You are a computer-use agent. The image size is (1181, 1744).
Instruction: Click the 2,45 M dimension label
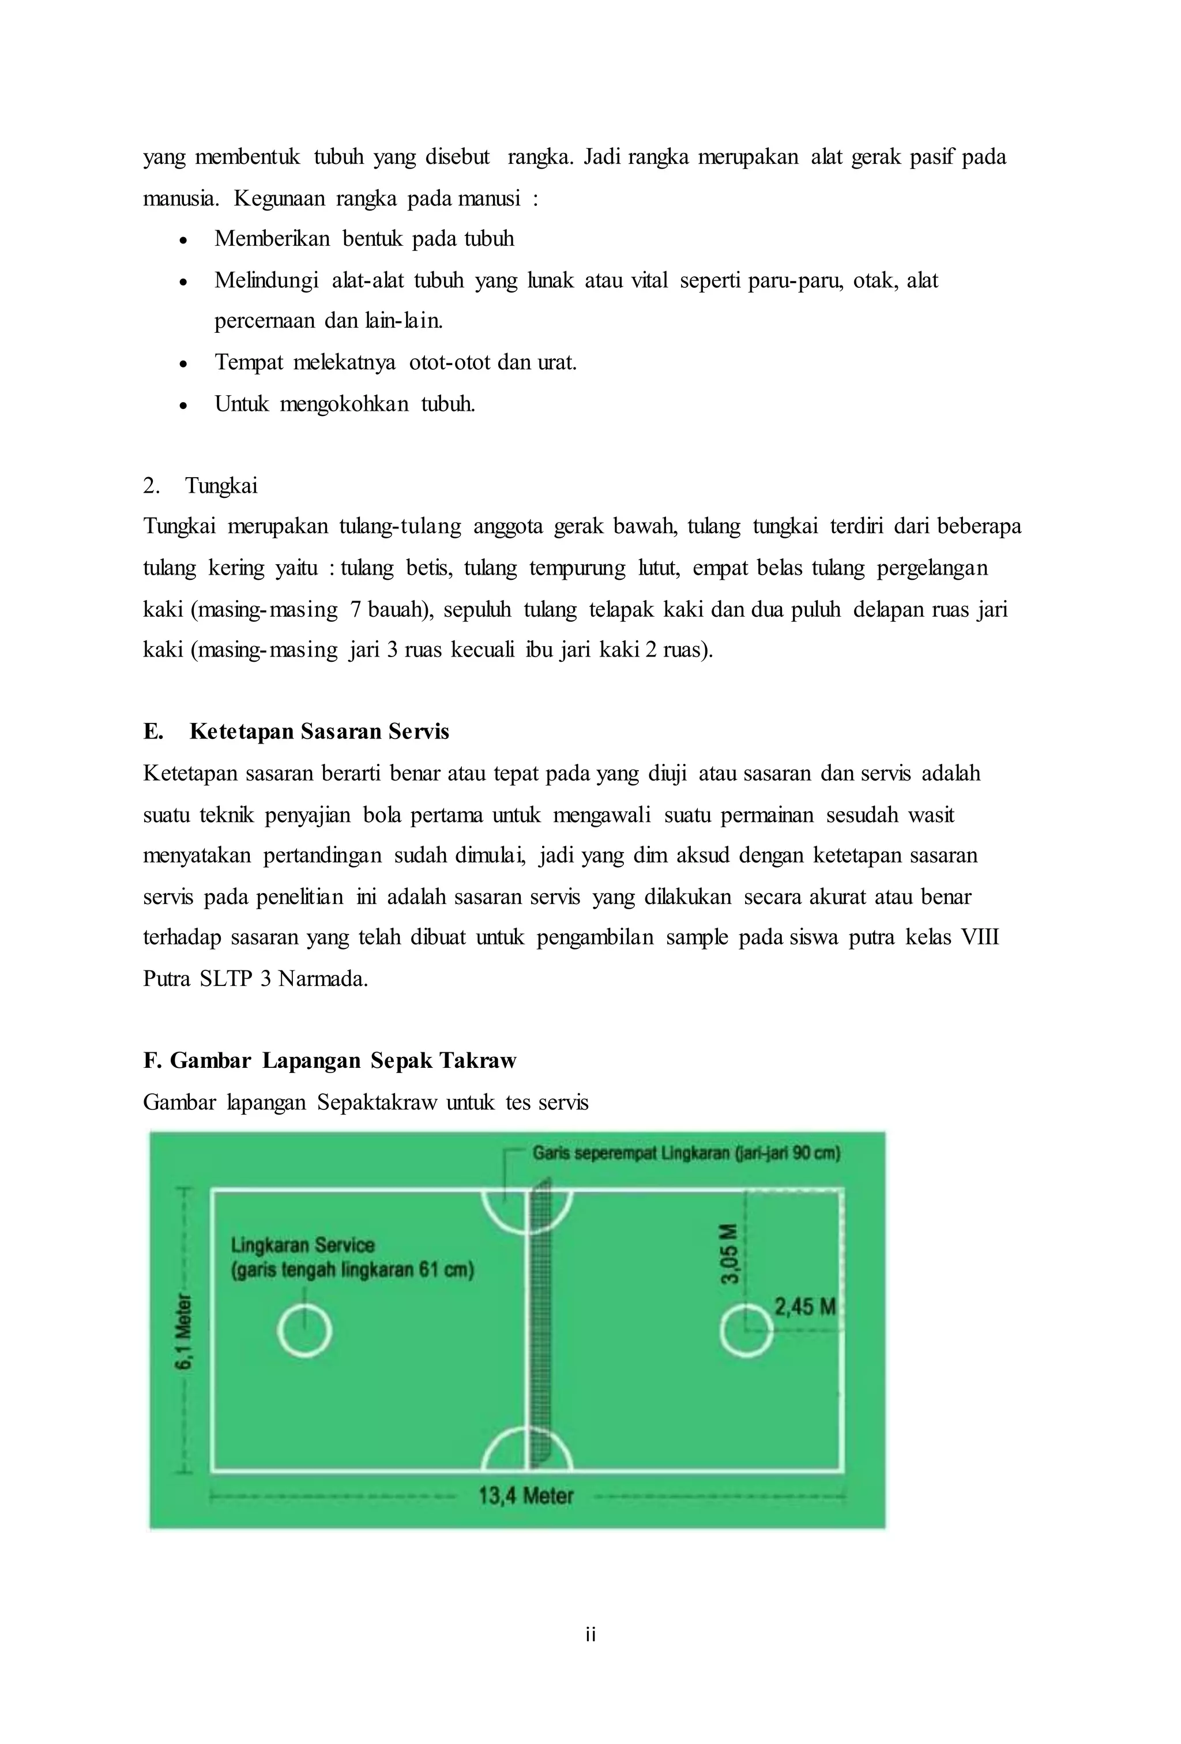pos(804,1307)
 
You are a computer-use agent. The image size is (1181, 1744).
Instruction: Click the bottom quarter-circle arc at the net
pos(526,1449)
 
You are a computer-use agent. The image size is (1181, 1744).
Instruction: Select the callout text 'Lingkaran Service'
pos(302,1245)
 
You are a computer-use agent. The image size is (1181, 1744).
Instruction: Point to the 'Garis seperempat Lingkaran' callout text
pos(686,1153)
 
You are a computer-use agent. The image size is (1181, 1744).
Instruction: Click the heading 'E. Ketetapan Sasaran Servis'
pos(296,732)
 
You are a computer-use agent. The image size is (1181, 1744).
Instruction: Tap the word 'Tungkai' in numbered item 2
pos(221,486)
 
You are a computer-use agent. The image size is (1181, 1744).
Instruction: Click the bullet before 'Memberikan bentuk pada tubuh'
pos(183,240)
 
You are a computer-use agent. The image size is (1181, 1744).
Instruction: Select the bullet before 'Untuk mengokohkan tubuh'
pos(183,405)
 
